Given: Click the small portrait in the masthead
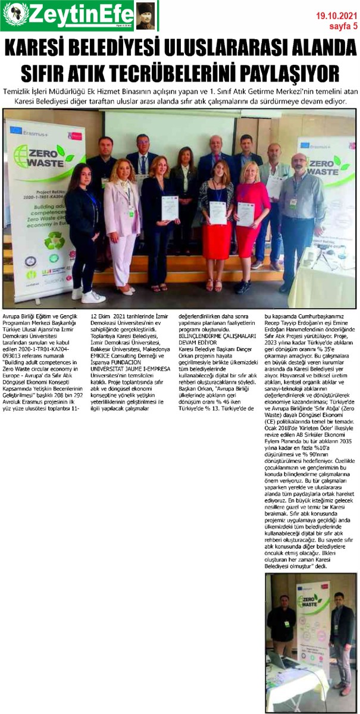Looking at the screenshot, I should click(x=145, y=16).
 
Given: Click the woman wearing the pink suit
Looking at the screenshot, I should click(x=123, y=220).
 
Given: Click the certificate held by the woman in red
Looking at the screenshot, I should click(x=246, y=214).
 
